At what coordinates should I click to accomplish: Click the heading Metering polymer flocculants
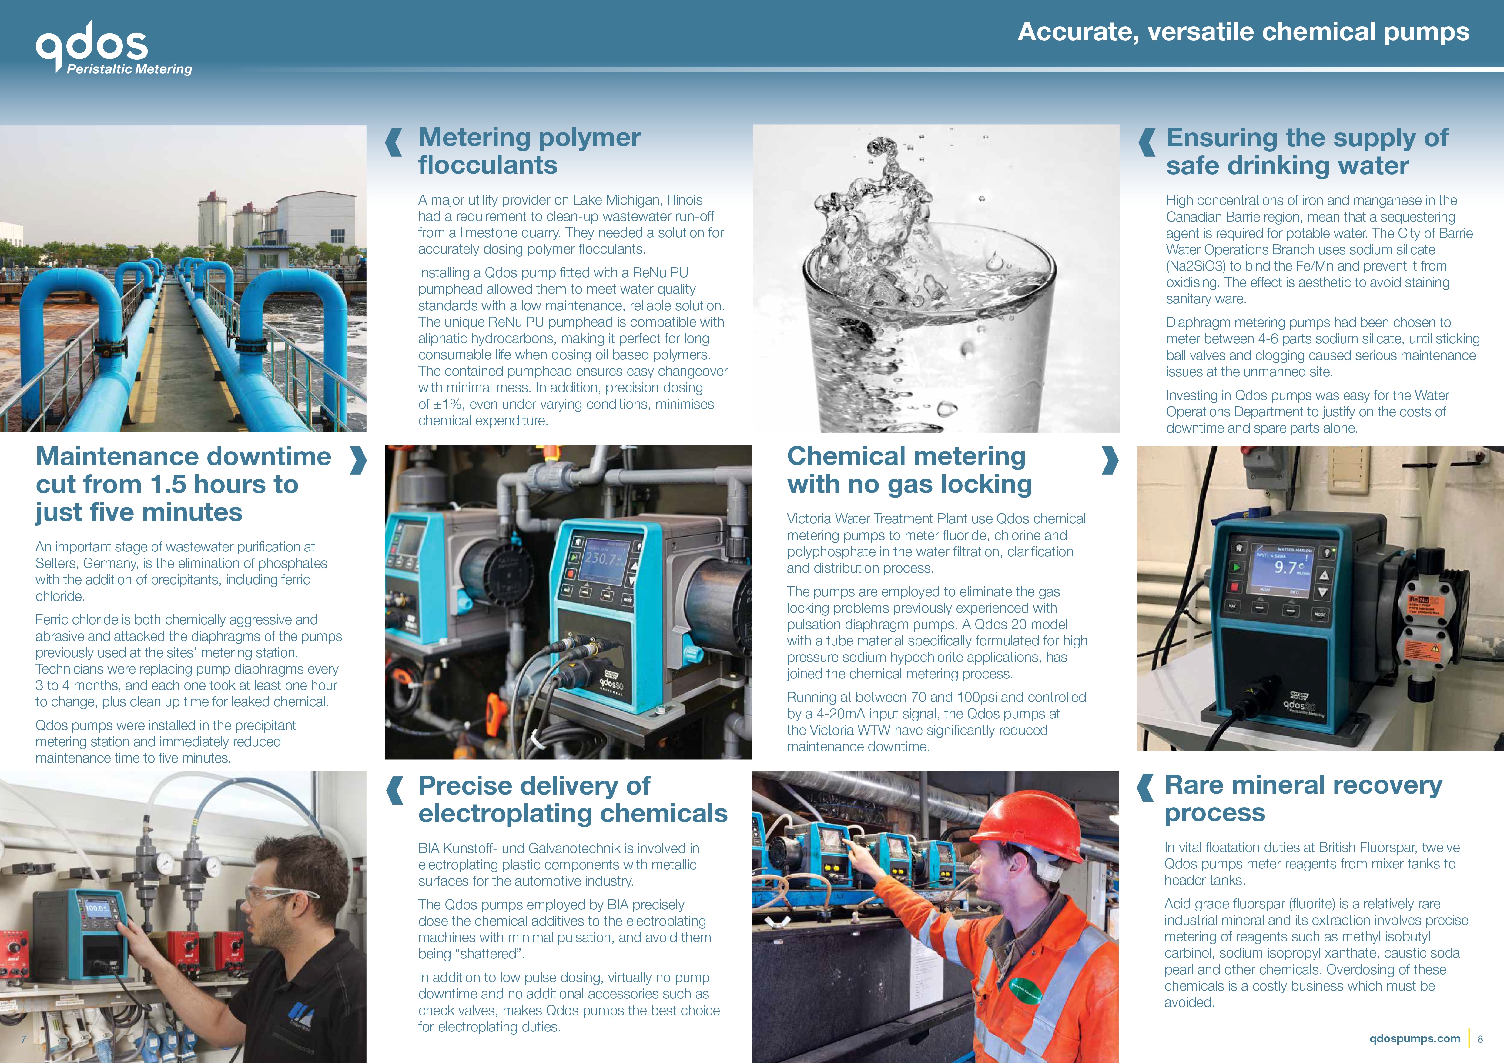click(x=529, y=151)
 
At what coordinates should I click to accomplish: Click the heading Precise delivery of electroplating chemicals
click(x=572, y=799)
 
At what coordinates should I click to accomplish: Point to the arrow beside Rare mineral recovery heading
click(x=1145, y=788)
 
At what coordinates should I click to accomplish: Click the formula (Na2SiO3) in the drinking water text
click(x=1195, y=266)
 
